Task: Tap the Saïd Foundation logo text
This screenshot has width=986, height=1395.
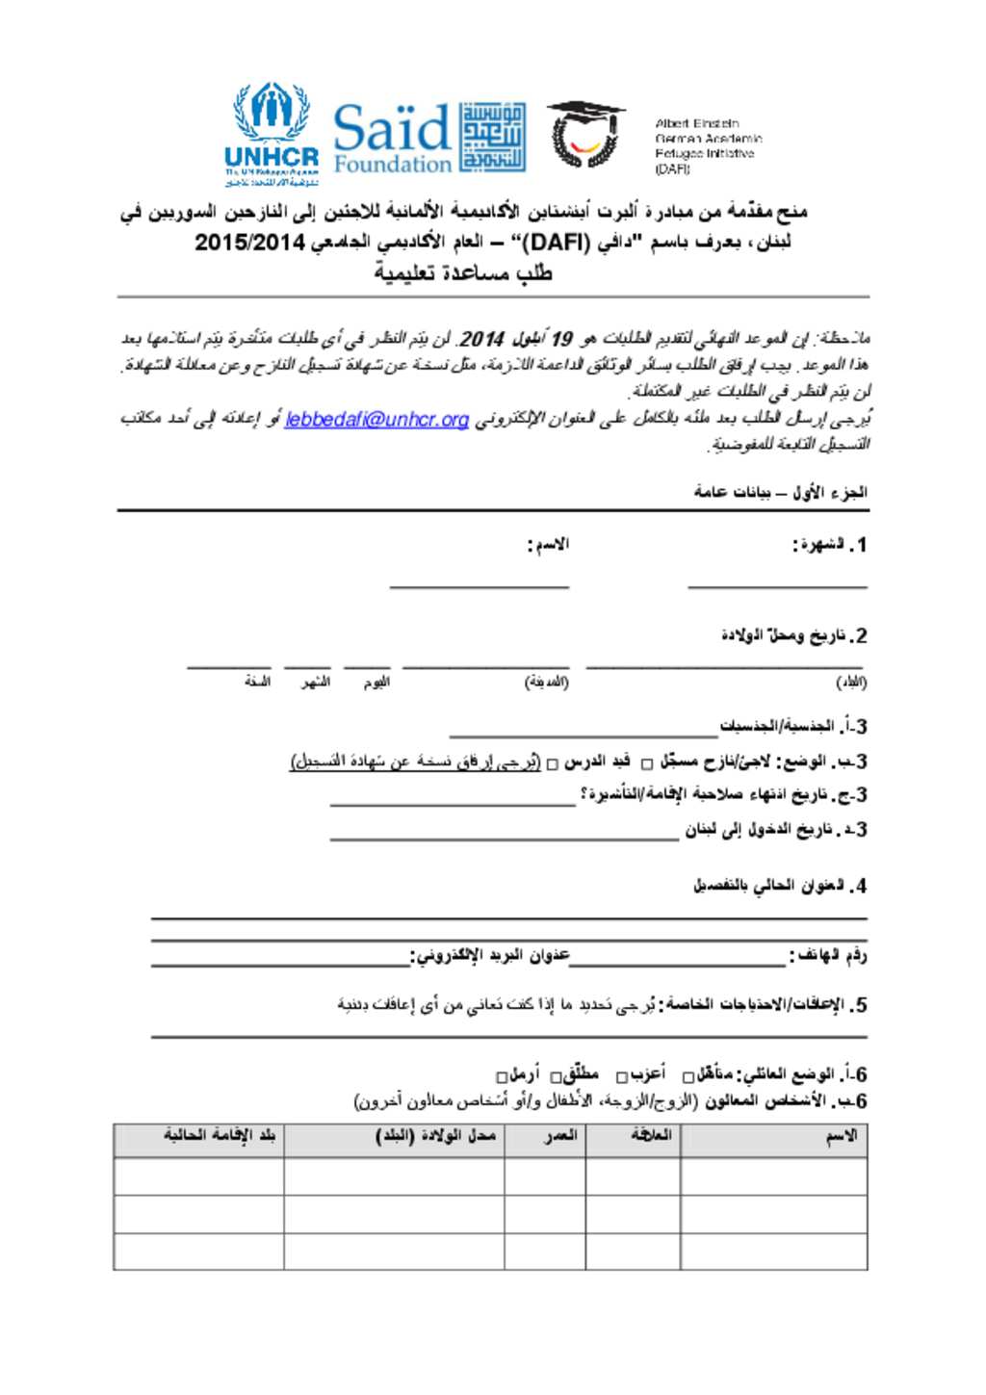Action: tap(392, 139)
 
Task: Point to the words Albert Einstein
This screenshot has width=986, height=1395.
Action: tap(697, 123)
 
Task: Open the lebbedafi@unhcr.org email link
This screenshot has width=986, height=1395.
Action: tap(376, 420)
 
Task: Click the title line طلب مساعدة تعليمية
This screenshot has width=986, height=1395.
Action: tap(464, 273)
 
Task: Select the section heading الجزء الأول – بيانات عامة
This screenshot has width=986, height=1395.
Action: tap(780, 493)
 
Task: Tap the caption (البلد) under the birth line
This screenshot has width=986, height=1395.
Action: tap(850, 683)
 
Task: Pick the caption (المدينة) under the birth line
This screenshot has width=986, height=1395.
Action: tap(546, 683)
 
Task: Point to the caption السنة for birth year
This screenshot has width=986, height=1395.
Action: tap(257, 682)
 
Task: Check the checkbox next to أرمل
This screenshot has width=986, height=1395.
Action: tap(502, 1076)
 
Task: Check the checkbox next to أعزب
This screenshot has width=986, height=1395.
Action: tap(621, 1076)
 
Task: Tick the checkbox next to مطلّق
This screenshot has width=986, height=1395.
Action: tap(555, 1076)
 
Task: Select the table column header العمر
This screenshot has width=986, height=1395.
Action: tap(560, 1136)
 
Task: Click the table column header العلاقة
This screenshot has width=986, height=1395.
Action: tap(651, 1136)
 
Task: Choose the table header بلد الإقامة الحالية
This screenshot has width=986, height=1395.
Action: tap(219, 1136)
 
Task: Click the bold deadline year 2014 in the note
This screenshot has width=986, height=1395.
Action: tap(481, 339)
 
